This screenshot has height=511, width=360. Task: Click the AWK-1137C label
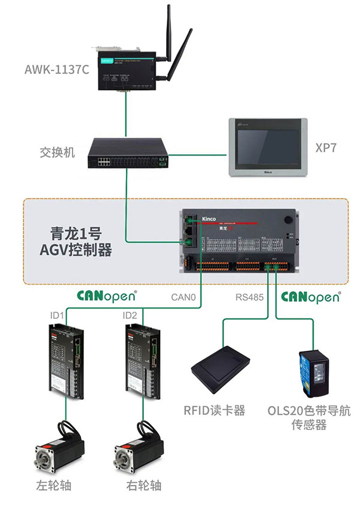point(57,69)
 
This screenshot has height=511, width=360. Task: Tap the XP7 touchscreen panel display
point(268,147)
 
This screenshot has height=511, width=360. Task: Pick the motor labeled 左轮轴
point(58,447)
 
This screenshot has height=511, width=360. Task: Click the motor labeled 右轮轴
point(137,447)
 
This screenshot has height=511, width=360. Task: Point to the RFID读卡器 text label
point(215,411)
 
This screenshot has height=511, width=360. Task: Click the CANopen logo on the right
point(310,297)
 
